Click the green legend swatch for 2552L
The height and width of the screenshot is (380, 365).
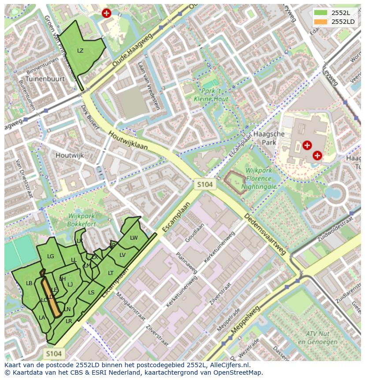(x=321, y=12)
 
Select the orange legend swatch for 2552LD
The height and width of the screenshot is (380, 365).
(x=321, y=22)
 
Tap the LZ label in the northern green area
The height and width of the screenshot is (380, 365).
(x=80, y=50)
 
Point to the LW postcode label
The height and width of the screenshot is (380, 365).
(x=134, y=238)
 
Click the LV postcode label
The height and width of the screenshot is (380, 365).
(x=123, y=255)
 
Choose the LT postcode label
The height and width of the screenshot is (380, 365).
(x=111, y=273)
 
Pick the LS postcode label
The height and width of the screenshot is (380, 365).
(x=91, y=292)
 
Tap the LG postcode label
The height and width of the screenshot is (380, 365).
(x=51, y=256)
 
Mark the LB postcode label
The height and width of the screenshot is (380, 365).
(x=29, y=283)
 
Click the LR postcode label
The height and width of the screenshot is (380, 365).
(x=69, y=321)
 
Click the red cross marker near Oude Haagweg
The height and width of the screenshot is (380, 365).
(x=106, y=13)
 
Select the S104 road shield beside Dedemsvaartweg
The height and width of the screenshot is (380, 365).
(x=205, y=185)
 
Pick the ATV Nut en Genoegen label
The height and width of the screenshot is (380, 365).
(x=314, y=338)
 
